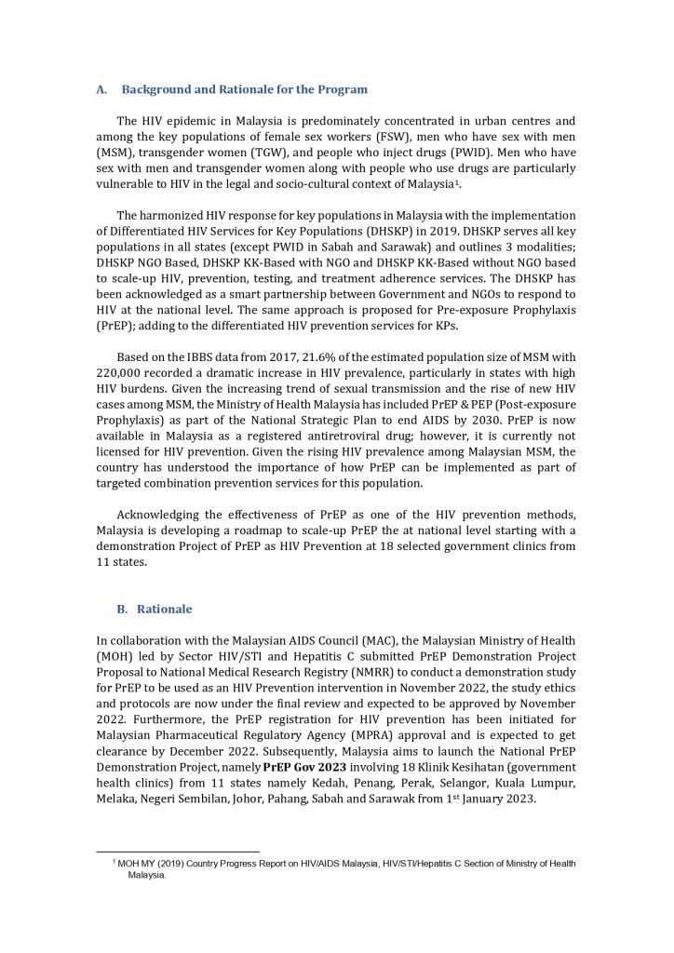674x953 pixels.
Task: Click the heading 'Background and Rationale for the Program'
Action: [x=244, y=89]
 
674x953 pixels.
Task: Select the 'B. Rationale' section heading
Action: [x=164, y=609]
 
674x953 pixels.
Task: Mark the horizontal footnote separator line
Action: [x=178, y=850]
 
